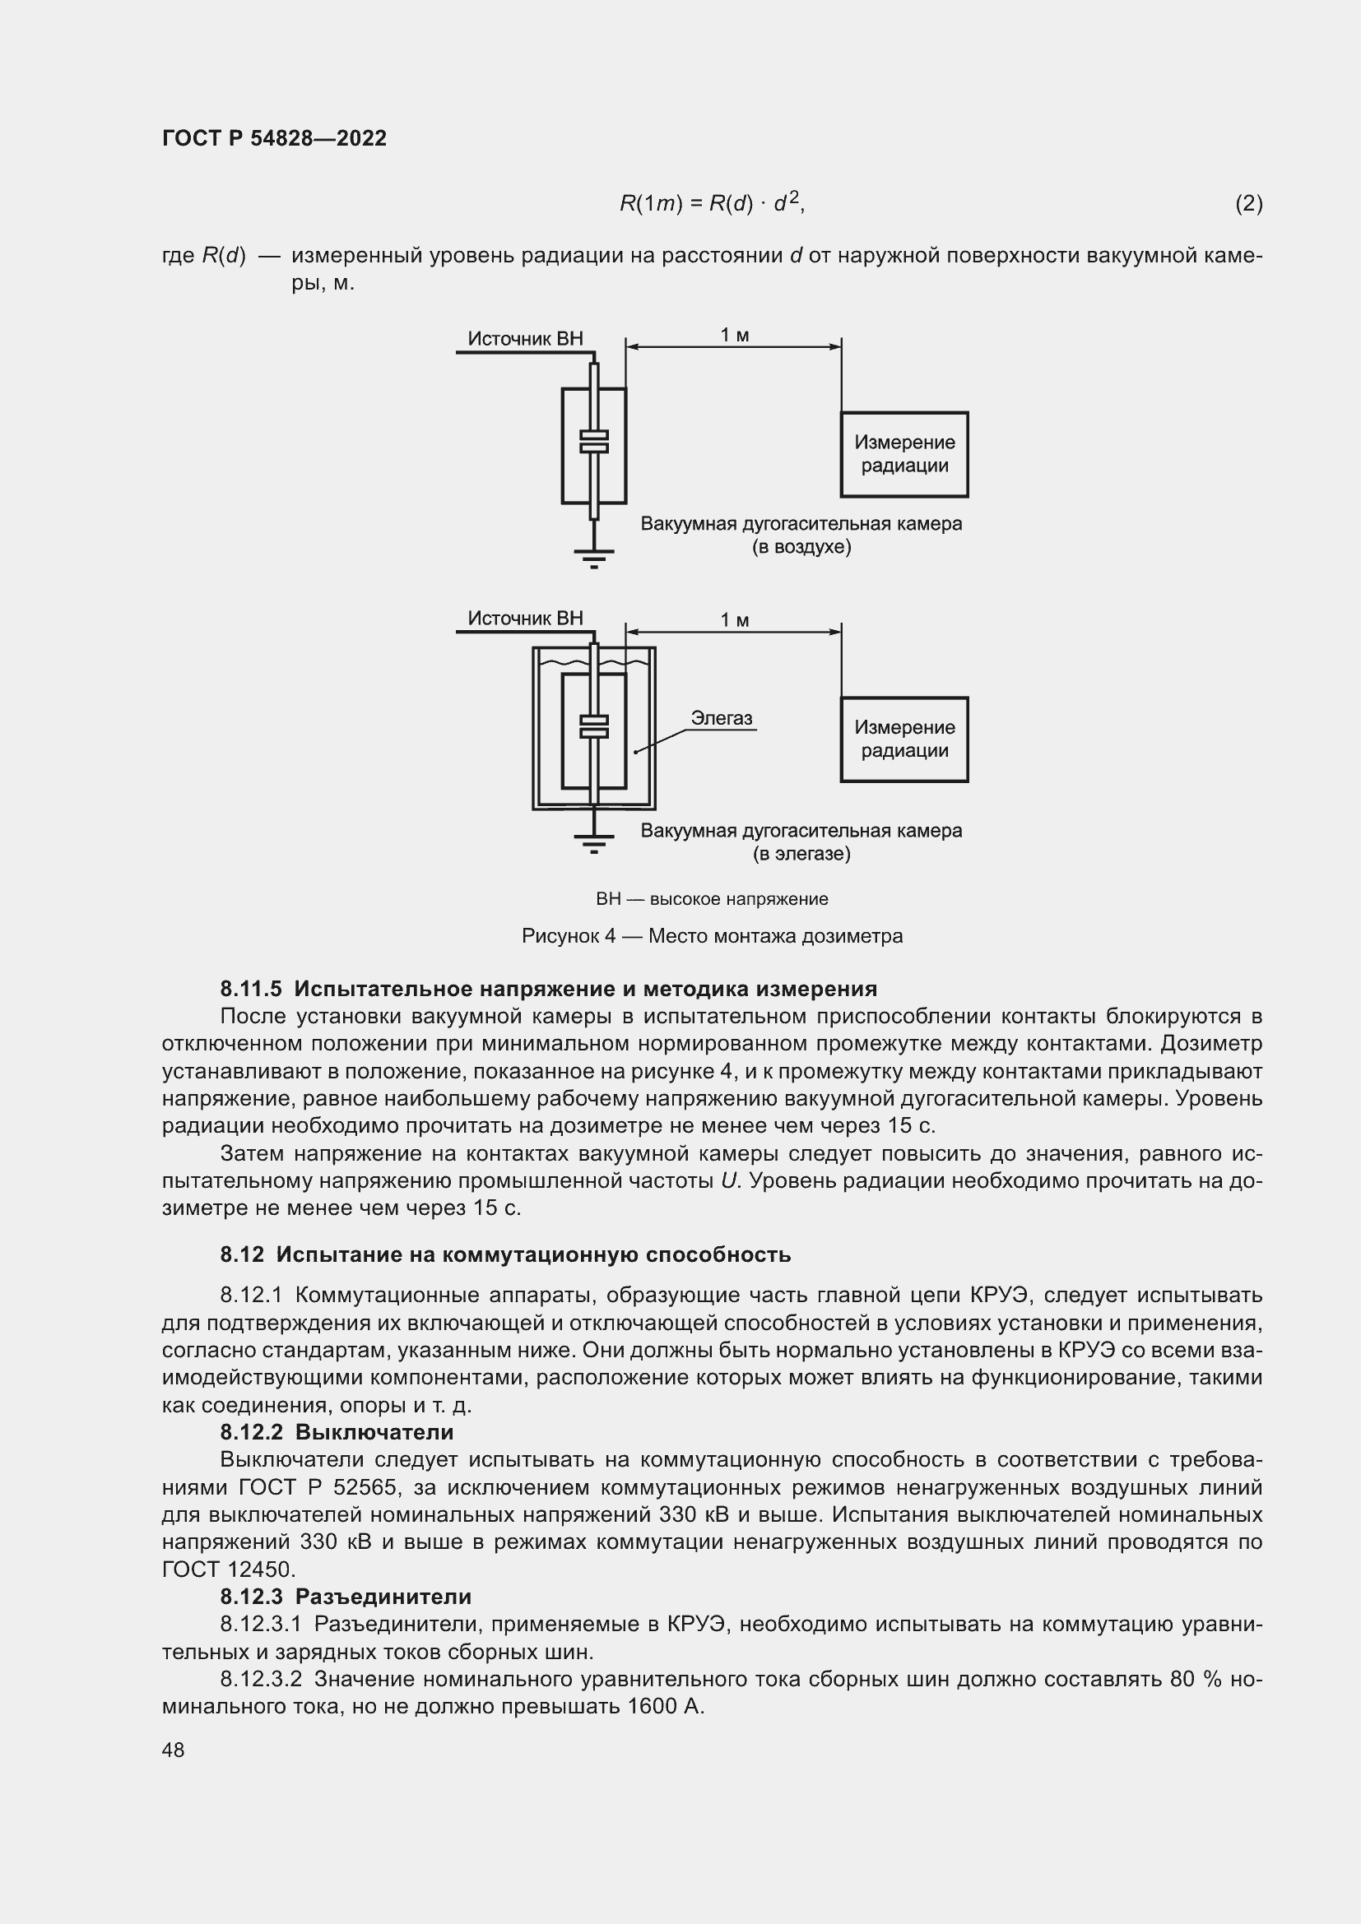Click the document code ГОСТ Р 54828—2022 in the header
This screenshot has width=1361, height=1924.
click(274, 138)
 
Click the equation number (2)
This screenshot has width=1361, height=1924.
click(1248, 204)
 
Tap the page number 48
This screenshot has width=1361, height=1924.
click(173, 1750)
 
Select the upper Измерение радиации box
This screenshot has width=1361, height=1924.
click(903, 454)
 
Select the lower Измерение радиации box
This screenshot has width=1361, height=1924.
click(903, 739)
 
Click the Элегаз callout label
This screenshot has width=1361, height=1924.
click(721, 718)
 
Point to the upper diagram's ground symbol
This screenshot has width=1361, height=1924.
click(593, 555)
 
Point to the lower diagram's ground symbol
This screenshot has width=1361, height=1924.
click(593, 841)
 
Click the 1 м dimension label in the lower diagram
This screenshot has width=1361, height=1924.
click(734, 621)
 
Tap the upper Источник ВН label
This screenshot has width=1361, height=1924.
click(525, 339)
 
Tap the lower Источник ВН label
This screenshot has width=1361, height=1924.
click(525, 619)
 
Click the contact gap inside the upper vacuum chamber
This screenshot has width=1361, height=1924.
click(594, 442)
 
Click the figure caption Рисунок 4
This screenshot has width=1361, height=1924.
click(712, 936)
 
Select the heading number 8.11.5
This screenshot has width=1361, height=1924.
click(251, 989)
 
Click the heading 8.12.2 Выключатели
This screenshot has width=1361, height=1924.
click(336, 1431)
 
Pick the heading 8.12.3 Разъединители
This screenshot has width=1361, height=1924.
click(346, 1597)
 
